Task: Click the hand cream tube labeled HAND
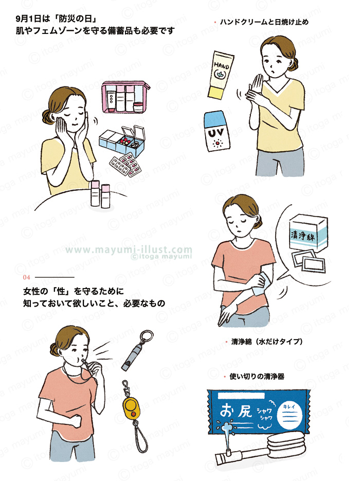point(221,75)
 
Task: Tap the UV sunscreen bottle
point(217,131)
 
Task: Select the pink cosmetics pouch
point(125,97)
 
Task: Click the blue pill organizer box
point(122,141)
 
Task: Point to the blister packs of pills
point(125,165)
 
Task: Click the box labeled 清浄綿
point(308,233)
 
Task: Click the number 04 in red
point(26,277)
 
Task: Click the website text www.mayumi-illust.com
point(129,250)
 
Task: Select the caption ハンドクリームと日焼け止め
point(264,22)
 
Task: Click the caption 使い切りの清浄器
point(257,377)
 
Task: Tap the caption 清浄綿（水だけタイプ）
point(267,342)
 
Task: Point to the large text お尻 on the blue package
point(236,411)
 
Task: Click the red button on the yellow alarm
point(134,415)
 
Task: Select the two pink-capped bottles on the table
point(100,194)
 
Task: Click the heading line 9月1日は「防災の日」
point(56,19)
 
